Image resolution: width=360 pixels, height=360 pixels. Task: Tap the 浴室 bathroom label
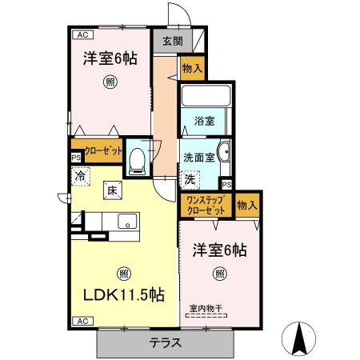click(203, 122)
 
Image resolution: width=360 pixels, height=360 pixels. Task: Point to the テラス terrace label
click(166, 343)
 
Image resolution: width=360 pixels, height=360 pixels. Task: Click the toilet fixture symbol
click(136, 159)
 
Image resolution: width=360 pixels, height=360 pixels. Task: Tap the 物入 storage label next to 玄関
click(193, 69)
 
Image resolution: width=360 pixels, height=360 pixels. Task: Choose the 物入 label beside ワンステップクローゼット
click(248, 204)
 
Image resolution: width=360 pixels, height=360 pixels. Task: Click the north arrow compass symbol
click(301, 338)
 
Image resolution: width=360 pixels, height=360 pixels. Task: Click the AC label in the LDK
click(82, 321)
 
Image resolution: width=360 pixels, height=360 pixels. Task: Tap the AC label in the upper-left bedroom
click(82, 34)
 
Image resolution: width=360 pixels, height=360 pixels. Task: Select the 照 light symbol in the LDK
click(122, 270)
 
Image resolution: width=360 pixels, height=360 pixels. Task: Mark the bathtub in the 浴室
click(206, 98)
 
